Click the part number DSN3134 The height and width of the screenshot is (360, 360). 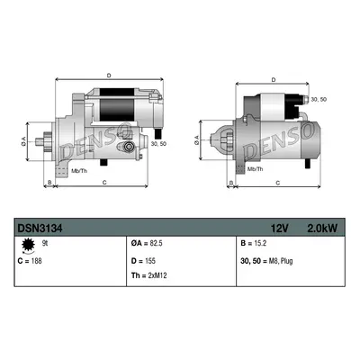40,229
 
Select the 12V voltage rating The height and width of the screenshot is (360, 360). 279,229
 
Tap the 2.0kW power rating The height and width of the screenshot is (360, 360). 322,229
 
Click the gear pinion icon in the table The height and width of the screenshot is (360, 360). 28,245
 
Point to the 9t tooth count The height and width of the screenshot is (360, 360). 45,244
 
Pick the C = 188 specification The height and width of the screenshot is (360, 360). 30,261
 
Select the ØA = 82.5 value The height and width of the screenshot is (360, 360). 147,244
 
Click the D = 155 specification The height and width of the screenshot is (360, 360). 143,261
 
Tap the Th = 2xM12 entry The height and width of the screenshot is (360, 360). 148,275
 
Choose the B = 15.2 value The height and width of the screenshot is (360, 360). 254,244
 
